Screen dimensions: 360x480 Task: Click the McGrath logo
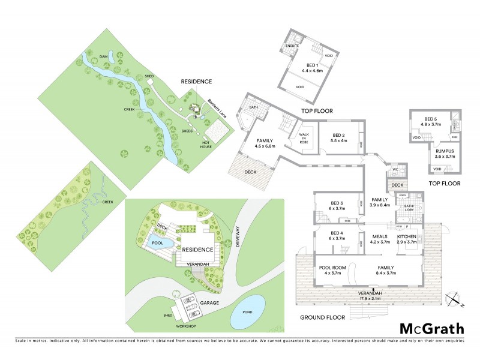(432, 328)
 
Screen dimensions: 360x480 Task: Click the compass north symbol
(455, 298)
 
